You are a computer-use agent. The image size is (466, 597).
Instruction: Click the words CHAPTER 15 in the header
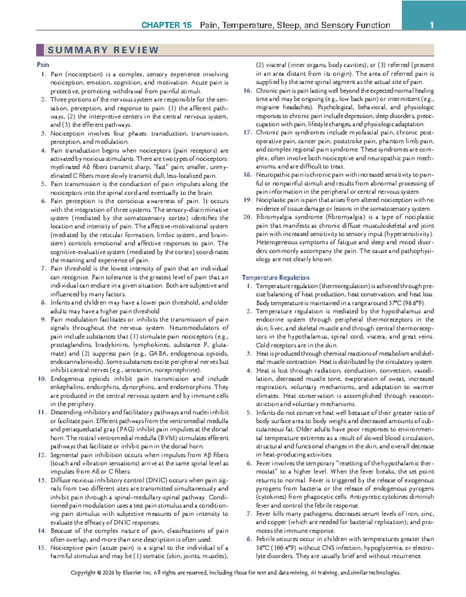click(x=166, y=25)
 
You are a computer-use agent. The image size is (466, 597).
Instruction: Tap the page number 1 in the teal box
click(x=431, y=25)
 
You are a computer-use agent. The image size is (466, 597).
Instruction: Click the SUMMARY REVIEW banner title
click(x=103, y=50)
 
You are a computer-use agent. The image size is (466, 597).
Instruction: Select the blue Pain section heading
click(x=43, y=65)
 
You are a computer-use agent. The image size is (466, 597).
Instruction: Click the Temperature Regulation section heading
click(x=276, y=278)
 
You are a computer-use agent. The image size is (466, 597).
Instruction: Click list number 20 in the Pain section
click(x=247, y=217)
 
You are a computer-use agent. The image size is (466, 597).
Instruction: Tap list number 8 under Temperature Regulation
click(x=249, y=539)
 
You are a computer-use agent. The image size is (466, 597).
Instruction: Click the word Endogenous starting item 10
click(x=66, y=379)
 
